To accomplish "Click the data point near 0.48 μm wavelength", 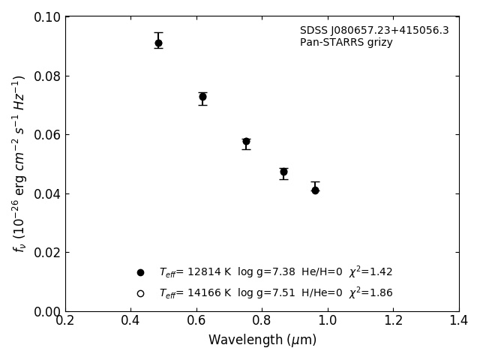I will [x=158, y=43].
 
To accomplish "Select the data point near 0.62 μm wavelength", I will [x=202, y=97].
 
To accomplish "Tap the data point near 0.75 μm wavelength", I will [x=246, y=141].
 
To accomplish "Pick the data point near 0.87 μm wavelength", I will [x=283, y=172].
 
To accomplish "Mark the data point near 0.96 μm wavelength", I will [x=315, y=190].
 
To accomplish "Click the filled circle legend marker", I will [x=140, y=272].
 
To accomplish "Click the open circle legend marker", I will [x=140, y=293].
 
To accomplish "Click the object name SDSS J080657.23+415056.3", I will [x=374, y=31].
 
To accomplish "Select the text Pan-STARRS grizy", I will [x=346, y=43].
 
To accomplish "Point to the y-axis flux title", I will [x=19, y=163].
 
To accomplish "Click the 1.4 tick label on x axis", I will [x=459, y=320].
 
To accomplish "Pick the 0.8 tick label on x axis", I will [x=262, y=320].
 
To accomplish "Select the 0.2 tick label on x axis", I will [x=65, y=320].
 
